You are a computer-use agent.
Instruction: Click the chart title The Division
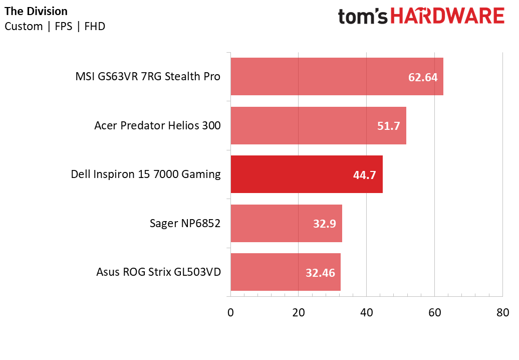[36, 11]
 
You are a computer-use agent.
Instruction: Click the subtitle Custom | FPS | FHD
[55, 27]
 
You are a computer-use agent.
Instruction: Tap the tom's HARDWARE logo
[421, 16]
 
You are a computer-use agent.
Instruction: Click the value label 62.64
[423, 77]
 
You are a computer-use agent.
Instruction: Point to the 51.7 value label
[389, 126]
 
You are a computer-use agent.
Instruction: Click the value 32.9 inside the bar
[325, 224]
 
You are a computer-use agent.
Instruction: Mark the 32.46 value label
[320, 273]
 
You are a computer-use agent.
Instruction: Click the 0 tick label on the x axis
[230, 312]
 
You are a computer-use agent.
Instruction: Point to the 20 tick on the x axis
[299, 312]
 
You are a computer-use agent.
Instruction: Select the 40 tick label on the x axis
[367, 312]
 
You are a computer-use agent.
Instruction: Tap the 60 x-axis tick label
[434, 312]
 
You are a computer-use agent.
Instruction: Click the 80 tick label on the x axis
[502, 312]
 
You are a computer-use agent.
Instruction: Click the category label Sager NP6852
[185, 223]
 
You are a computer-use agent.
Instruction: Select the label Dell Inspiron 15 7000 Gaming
[146, 174]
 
